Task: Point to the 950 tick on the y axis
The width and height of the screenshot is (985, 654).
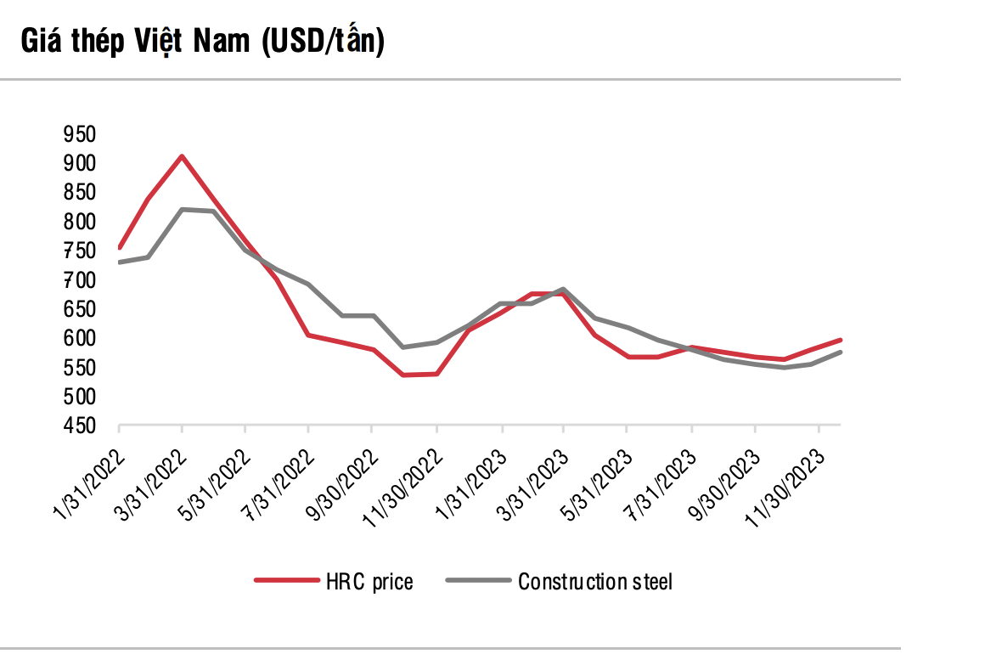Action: coord(79,134)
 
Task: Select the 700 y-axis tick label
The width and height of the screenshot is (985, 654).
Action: coord(79,280)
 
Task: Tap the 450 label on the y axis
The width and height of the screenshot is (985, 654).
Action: coord(79,426)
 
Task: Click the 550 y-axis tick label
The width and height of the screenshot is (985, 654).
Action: coord(79,368)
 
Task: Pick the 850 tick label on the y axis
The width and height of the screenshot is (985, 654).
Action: coord(79,193)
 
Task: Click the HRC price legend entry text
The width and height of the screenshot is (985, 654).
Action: coord(369,582)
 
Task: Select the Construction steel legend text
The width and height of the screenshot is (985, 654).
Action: coord(595,582)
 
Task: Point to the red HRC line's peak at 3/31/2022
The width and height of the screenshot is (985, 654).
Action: coord(182,156)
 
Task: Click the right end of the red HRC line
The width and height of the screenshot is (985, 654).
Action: coord(840,340)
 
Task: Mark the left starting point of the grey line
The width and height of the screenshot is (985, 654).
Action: coord(120,262)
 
